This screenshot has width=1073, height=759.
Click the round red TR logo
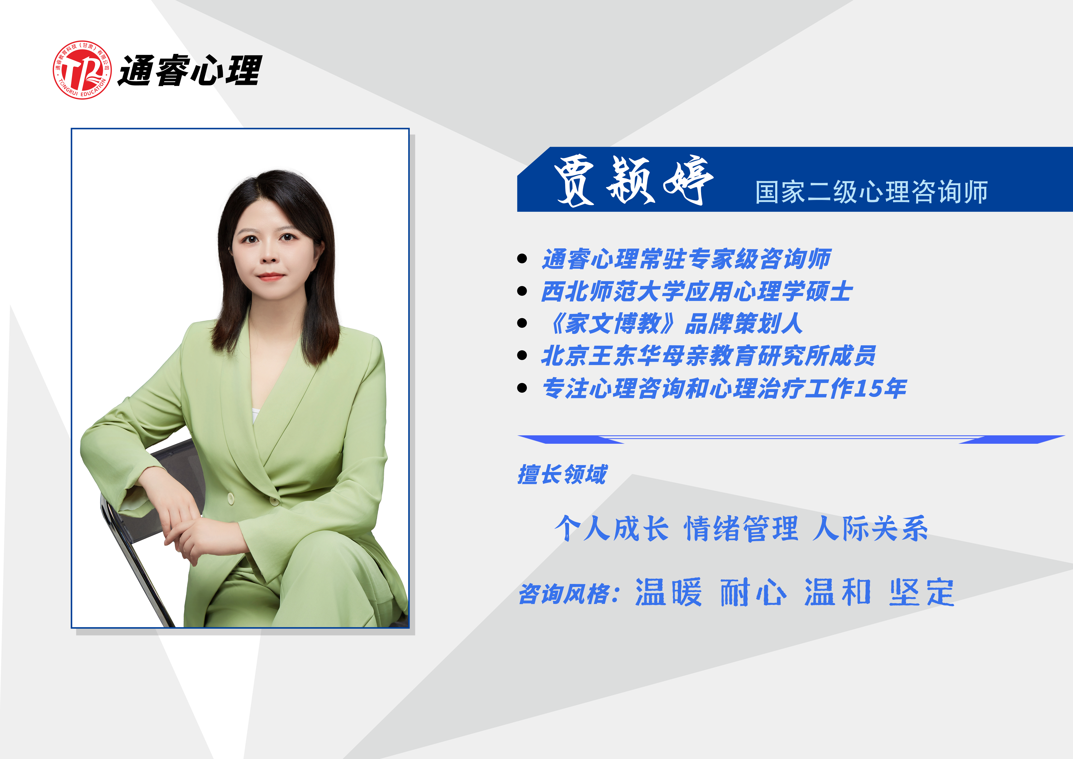pos(82,70)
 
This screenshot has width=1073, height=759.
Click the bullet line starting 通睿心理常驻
pos(686,259)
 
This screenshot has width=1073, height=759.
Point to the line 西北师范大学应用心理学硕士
pos(696,291)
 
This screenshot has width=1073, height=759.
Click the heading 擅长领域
pos(562,474)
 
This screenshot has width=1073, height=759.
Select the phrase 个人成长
pos(611,529)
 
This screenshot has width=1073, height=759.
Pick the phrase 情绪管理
pos(741,529)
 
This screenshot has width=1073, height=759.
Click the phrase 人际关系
pos(870,529)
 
